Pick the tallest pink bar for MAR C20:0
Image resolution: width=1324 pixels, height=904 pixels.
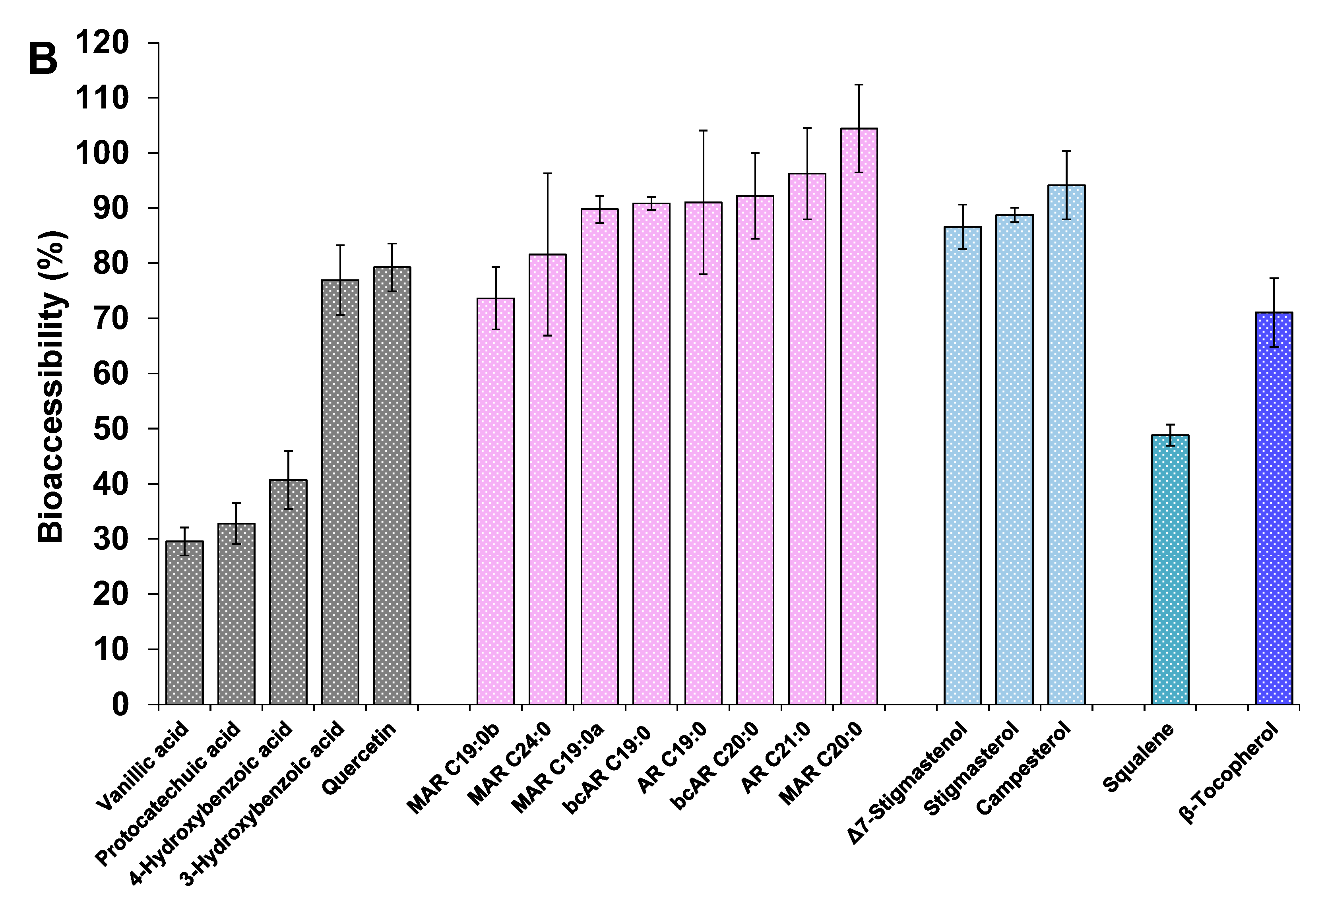(859, 416)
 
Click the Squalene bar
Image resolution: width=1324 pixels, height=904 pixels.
(1170, 570)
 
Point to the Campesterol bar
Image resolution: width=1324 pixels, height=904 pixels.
(1066, 444)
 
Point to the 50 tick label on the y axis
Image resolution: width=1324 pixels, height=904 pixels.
(111, 429)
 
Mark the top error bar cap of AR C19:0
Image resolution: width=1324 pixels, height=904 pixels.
(703, 130)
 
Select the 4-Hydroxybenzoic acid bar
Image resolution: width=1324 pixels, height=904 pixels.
(288, 592)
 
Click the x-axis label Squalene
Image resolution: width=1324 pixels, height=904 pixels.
(1138, 758)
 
